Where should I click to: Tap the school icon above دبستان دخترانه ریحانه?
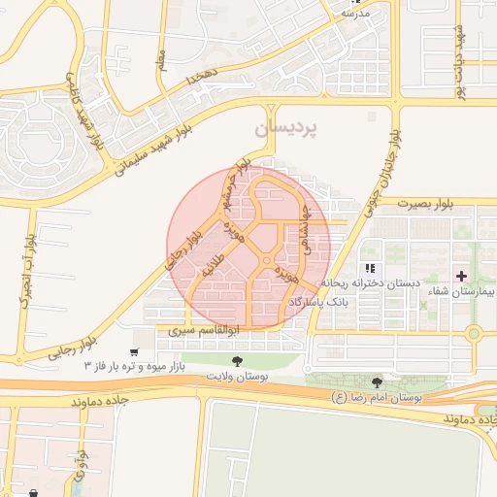coord(369,268)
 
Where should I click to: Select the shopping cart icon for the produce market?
coord(134,351)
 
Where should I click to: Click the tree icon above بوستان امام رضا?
coord(377,382)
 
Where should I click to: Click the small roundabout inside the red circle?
coord(265,261)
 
